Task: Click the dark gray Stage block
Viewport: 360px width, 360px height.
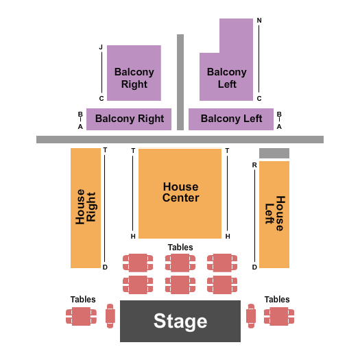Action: pos(180,321)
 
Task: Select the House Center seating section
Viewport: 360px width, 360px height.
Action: pos(180,193)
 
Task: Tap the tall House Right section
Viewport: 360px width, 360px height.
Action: pos(85,207)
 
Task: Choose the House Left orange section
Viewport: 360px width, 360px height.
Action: pos(274,214)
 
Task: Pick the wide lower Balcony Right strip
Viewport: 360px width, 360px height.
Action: pos(129,119)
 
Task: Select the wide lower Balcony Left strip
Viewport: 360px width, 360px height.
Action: pos(231,119)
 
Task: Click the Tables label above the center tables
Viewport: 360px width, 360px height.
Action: pos(180,247)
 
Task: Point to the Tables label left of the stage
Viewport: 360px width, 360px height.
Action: pos(83,300)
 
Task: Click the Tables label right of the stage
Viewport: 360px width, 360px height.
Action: pos(277,300)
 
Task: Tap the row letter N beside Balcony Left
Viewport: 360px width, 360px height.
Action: pos(259,21)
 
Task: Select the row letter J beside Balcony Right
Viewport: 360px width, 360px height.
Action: pos(101,47)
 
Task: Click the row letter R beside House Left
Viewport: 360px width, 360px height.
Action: pos(254,165)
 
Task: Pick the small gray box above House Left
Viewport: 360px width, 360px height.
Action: pos(274,153)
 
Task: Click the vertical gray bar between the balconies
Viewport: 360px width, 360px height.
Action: pos(180,82)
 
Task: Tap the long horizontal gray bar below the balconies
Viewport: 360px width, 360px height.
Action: pos(180,139)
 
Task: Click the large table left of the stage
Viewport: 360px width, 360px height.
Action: pos(82,316)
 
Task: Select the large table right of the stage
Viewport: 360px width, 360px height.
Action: pos(279,316)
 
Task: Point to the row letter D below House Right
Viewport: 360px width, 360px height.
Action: pos(105,267)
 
